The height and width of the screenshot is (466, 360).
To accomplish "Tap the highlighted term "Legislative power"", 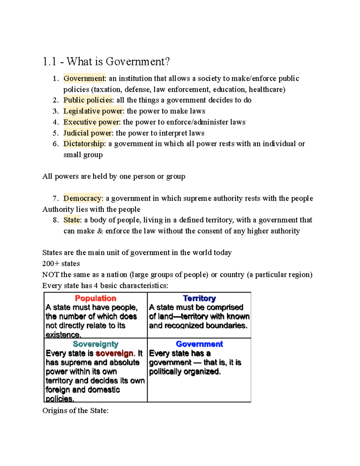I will (x=93, y=111).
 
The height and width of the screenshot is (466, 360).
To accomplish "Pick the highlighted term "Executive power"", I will (x=91, y=122).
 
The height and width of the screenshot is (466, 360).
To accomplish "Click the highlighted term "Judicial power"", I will (x=87, y=133).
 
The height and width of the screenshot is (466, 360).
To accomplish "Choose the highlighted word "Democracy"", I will (x=82, y=198).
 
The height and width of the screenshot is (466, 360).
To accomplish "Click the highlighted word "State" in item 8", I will (x=72, y=220).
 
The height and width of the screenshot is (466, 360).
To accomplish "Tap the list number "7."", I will (x=55, y=198).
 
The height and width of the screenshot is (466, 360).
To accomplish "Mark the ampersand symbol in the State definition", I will (x=100, y=231).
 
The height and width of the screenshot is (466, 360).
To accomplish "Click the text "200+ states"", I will (x=61, y=263).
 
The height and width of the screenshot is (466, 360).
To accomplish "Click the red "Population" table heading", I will (x=95, y=298).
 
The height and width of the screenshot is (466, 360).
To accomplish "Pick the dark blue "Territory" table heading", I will (x=199, y=298).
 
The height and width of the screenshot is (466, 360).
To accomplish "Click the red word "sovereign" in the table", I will (x=115, y=353).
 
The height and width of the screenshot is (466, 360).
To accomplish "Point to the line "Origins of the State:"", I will (x=75, y=410).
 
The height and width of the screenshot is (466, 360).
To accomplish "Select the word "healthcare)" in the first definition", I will (x=267, y=89).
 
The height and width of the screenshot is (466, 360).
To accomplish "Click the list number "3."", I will (x=55, y=111).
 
